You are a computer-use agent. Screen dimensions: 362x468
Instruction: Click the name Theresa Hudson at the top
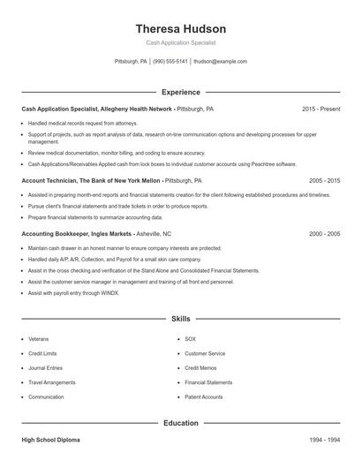click(x=180, y=29)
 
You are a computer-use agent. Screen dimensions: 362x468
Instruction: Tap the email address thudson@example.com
click(x=220, y=62)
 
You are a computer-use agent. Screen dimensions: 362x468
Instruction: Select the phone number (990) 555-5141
click(x=170, y=62)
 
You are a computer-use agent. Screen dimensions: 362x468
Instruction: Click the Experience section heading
click(x=180, y=92)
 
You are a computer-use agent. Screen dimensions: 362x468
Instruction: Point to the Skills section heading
click(x=180, y=318)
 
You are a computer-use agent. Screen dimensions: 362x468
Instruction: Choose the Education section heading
click(x=180, y=423)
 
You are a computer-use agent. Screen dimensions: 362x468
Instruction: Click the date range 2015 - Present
click(x=321, y=109)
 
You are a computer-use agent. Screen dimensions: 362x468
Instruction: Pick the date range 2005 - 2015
click(x=324, y=180)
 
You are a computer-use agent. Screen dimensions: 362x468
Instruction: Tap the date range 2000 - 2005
click(x=324, y=234)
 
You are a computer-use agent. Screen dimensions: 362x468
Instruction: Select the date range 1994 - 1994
click(x=324, y=439)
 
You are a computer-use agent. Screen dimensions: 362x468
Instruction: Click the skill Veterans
click(x=39, y=339)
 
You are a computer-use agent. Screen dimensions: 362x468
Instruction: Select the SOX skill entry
click(x=191, y=339)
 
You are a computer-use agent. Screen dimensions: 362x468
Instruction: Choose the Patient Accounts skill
click(x=204, y=397)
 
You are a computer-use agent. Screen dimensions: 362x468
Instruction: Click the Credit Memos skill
click(x=200, y=368)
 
